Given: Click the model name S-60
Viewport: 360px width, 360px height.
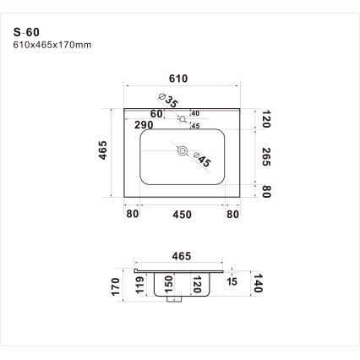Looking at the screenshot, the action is (x=26, y=32).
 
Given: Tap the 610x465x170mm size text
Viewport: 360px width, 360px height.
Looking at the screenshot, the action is (x=52, y=45).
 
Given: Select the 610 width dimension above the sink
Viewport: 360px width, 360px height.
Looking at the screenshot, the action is (x=178, y=79).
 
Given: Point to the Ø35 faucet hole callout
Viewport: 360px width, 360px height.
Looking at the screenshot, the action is (x=169, y=101).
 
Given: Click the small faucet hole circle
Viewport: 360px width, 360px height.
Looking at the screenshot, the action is (x=183, y=119).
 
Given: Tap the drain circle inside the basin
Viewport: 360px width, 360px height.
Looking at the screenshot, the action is (x=183, y=151).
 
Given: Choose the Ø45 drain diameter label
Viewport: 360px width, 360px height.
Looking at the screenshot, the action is (x=202, y=160).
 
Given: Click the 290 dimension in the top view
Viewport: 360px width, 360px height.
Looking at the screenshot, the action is (x=144, y=125).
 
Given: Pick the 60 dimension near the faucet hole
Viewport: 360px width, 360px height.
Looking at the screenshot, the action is (x=156, y=114).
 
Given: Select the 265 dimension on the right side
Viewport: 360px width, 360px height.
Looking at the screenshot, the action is (x=266, y=156).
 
